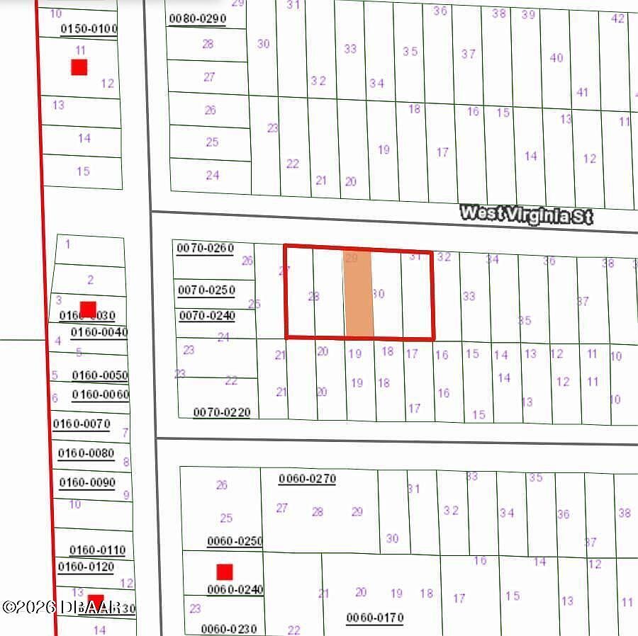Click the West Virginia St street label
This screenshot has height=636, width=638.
coord(526,215)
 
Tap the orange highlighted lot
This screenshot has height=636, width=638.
coord(359,294)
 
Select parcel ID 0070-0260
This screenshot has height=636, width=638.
coord(205,248)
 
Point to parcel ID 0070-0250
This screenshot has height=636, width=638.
coord(206,290)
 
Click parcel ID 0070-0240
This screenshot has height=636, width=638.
coord(206,316)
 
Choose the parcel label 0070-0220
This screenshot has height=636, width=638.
coord(221,412)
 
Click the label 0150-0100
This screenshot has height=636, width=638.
coord(89,29)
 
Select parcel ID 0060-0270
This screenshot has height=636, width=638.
coord(307,479)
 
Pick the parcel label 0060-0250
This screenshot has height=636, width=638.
coord(235,541)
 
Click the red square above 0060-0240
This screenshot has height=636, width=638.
coord(225,572)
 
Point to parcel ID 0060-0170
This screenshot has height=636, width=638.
coord(374,618)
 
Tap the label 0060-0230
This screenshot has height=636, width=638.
coord(229,628)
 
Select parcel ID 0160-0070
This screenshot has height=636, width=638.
coord(82,424)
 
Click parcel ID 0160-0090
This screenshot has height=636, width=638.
coord(87,482)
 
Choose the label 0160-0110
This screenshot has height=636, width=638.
coord(97,550)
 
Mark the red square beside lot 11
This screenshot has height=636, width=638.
coord(79,67)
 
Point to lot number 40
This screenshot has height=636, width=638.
coord(556,58)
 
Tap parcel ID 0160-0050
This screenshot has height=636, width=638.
coord(100,375)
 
